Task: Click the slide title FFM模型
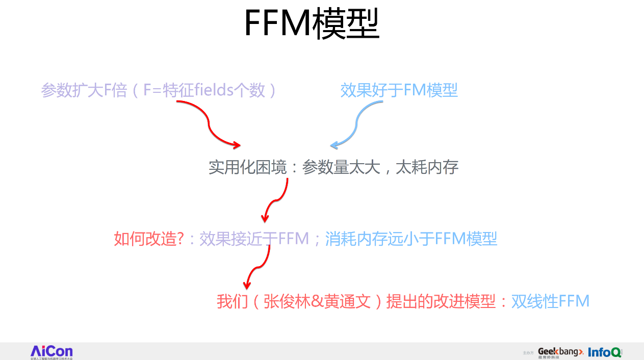pos(312,24)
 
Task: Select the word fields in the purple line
pos(209,90)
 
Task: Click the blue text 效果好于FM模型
pos(399,90)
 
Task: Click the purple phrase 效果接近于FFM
pos(254,239)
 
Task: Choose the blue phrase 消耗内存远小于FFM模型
pos(411,239)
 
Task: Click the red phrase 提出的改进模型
pos(441,301)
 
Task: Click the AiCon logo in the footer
pos(51,351)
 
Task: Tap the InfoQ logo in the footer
pos(605,352)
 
